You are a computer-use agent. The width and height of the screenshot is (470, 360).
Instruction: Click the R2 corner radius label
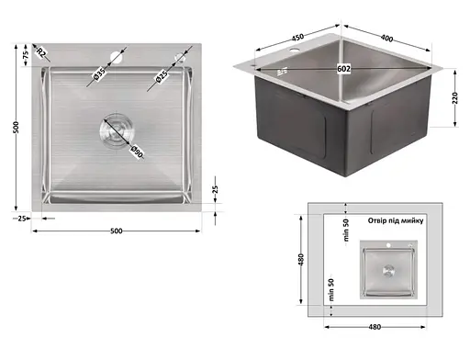coord(41,52)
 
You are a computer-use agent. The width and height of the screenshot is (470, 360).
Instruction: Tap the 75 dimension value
coord(26,54)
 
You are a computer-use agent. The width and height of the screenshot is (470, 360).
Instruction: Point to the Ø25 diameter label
coord(162,76)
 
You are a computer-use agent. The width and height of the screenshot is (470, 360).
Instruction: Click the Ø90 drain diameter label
coord(137,152)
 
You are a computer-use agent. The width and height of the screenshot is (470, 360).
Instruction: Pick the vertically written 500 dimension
coord(16,127)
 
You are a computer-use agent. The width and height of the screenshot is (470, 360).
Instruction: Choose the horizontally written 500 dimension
coord(117,231)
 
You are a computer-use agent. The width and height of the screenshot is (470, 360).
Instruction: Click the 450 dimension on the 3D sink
coord(297,38)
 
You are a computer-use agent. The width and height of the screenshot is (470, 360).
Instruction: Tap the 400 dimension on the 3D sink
coord(386,38)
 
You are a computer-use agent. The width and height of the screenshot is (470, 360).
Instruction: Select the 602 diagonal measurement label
coord(343,69)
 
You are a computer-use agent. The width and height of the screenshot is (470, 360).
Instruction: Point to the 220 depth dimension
coord(455,98)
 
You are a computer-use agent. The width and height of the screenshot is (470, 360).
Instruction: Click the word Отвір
coord(377,220)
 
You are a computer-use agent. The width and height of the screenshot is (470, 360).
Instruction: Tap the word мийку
coord(413,220)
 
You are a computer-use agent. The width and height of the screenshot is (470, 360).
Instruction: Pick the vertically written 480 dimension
coord(301,260)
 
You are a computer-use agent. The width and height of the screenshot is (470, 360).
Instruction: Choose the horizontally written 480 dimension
coord(375,327)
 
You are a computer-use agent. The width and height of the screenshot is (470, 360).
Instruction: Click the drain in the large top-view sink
coord(117,129)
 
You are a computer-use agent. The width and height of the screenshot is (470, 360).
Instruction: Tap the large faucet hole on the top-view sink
coord(117,58)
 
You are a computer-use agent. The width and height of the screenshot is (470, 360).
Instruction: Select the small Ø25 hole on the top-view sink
coord(178,58)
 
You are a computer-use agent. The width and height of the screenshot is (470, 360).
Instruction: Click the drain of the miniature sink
coord(388,270)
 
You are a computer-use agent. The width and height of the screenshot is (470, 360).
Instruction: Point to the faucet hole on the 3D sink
coord(295,50)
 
